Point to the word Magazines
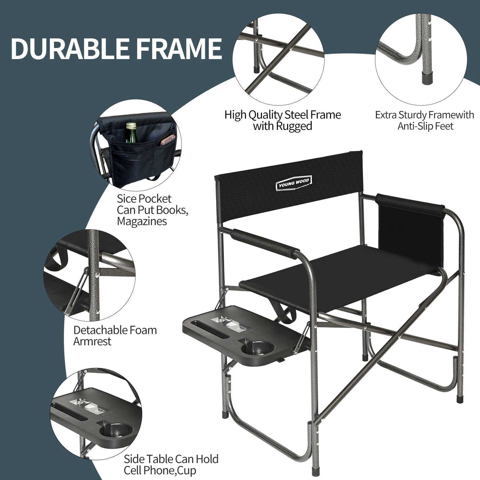(x=142, y=221)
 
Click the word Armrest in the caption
(x=92, y=341)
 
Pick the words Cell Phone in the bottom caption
(x=148, y=470)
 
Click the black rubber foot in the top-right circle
(x=427, y=79)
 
